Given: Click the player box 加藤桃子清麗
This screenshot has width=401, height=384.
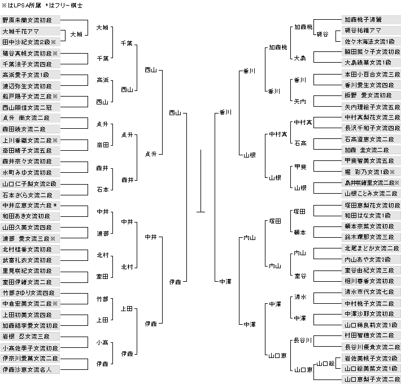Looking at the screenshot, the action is point(371,19).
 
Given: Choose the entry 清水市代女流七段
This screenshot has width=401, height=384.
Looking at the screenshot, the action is point(371,292).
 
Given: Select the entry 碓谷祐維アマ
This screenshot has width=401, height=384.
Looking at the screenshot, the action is point(371,30).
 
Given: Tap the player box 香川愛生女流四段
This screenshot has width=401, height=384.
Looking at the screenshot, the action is point(371,85).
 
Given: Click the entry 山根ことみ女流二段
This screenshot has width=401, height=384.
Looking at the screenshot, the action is point(371,193).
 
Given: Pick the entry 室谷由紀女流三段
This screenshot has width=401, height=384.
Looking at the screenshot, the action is point(371,270).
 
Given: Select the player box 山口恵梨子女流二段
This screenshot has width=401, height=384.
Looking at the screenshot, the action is point(371,379).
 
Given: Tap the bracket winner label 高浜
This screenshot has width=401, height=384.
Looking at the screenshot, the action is point(102,80).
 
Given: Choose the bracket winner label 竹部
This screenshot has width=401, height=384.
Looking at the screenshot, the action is point(102,299).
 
